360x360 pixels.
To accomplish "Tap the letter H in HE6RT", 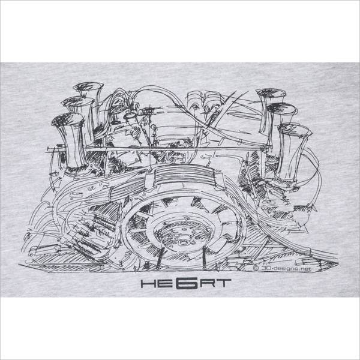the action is point(147,284).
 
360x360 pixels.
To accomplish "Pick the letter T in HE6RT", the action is point(223,284).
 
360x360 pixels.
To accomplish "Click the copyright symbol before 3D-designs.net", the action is point(256,268).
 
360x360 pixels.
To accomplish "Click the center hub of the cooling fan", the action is point(183,241).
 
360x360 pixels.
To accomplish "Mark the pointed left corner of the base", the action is point(19,265).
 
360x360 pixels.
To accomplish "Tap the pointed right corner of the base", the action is point(338,262).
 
